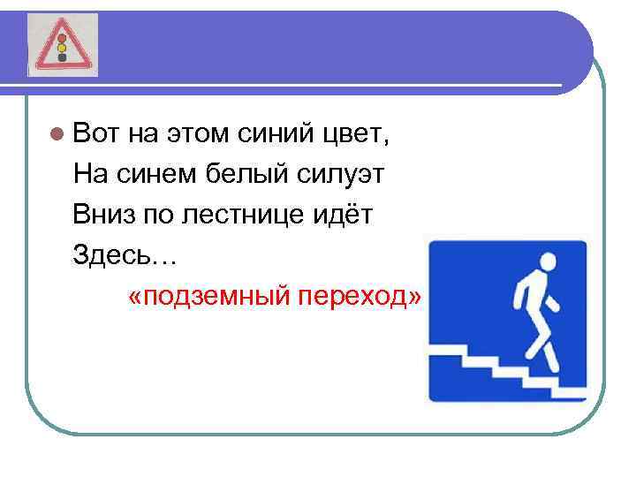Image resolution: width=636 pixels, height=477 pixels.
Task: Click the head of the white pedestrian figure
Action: [547, 262]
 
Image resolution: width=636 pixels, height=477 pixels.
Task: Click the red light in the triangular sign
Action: [63, 39]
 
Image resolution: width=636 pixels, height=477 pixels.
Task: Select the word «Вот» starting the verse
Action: [95, 135]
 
